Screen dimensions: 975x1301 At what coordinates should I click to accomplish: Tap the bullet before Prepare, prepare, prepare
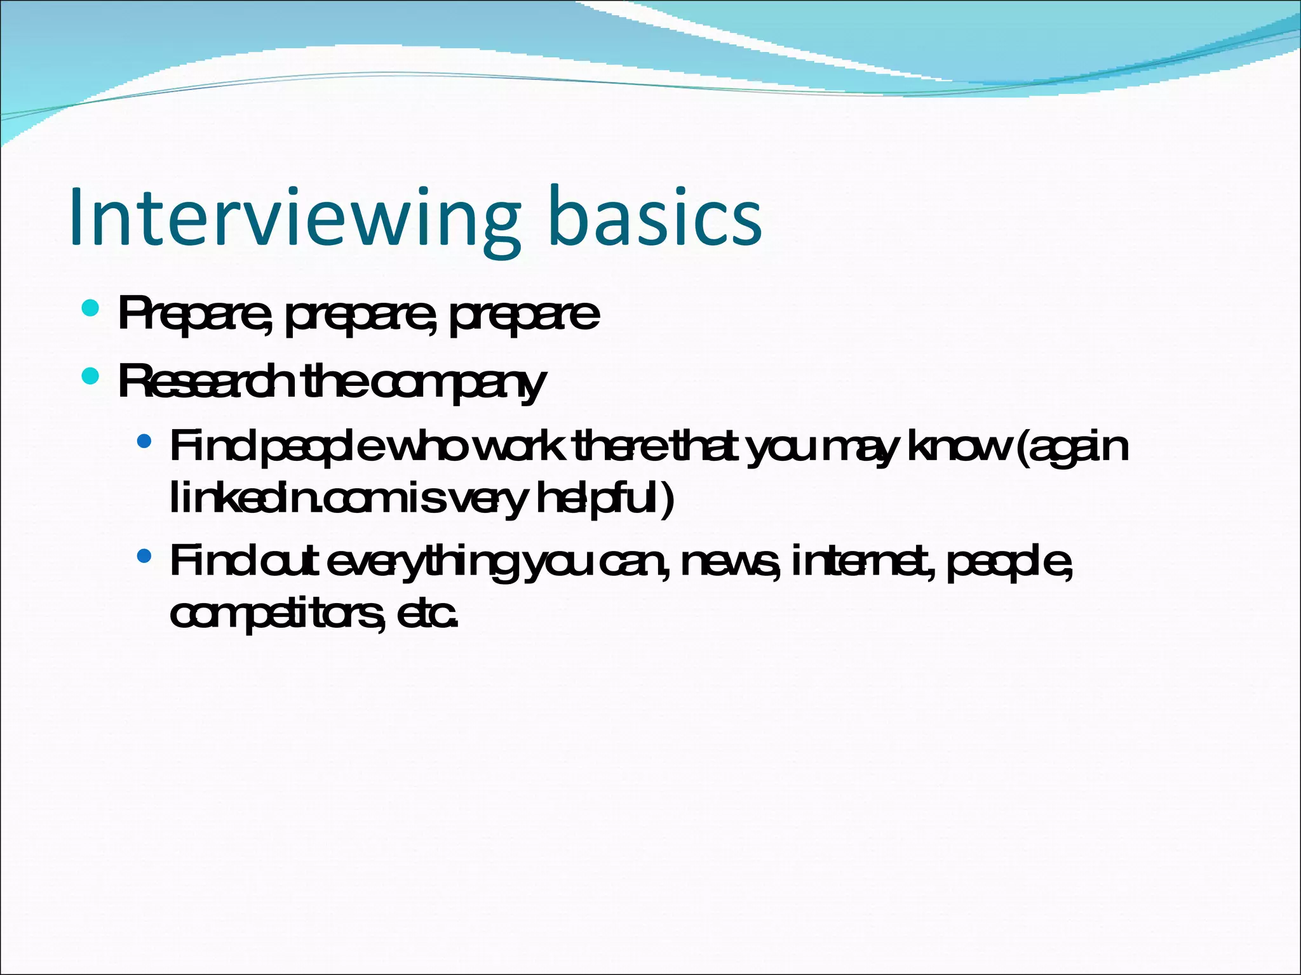[x=90, y=309]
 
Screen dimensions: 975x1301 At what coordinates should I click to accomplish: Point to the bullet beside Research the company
[x=90, y=376]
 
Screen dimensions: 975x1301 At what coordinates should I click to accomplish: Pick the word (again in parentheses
[x=1072, y=448]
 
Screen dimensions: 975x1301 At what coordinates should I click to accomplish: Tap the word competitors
[x=277, y=614]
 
